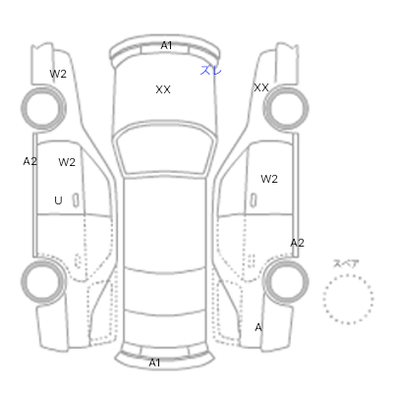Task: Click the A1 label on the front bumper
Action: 166,45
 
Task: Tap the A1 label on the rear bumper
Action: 154,363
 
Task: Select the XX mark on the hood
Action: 163,89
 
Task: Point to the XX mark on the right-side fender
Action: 261,87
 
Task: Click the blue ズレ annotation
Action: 211,70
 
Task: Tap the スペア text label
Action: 346,263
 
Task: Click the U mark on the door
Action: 58,200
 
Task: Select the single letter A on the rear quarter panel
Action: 258,327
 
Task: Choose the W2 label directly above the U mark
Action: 67,162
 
